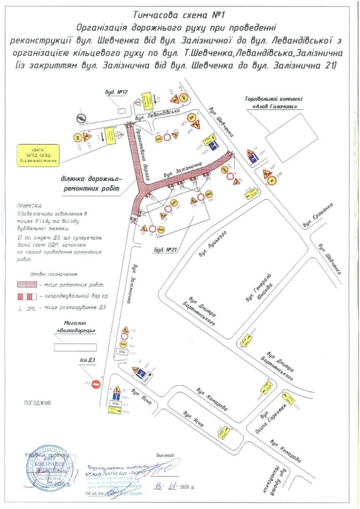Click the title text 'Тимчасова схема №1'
pyautogui.click(x=179, y=16)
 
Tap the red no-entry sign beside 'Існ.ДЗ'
pyautogui.click(x=96, y=384)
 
